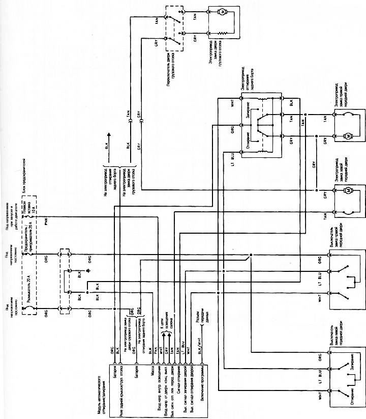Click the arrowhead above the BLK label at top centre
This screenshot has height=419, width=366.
(108, 133)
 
